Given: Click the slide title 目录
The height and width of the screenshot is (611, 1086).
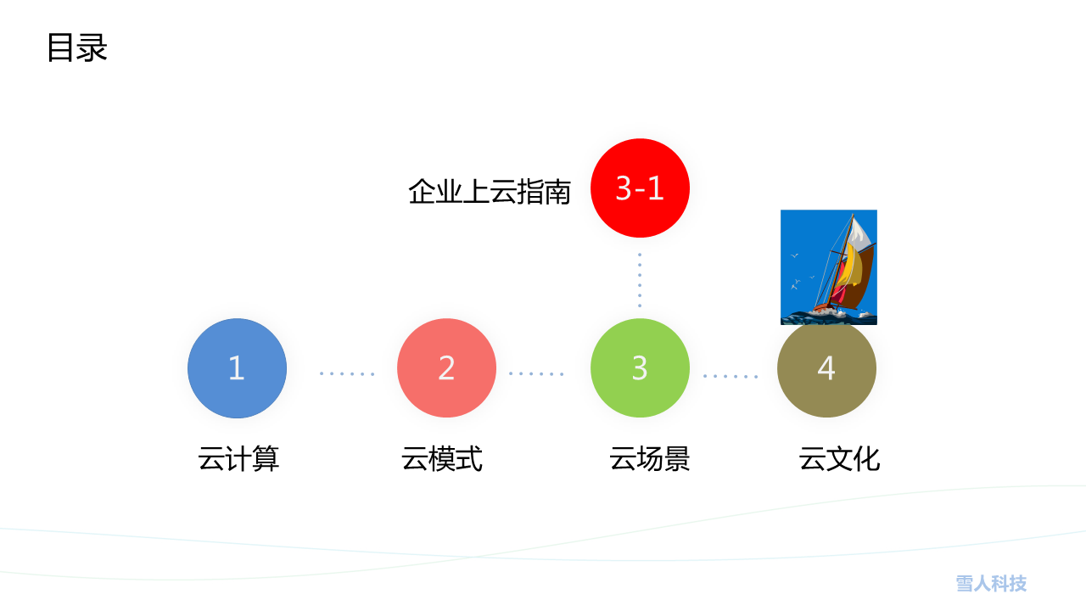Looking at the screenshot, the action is coord(77,48).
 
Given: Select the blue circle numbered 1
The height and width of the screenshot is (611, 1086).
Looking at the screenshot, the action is coord(237,368).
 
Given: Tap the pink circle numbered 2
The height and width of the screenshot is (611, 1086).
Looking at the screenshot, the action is coord(446,368).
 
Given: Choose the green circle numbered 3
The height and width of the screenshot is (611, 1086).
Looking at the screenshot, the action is coord(640,368).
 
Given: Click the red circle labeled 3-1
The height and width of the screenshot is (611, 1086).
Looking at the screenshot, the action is coord(640,188).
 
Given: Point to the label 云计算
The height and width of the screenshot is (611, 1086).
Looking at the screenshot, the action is coord(238,459).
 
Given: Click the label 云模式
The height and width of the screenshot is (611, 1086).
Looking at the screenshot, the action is coord(442,459).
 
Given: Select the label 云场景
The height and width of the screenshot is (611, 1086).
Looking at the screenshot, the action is coord(650,459).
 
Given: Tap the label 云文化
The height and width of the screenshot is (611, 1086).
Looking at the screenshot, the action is coord(839,459).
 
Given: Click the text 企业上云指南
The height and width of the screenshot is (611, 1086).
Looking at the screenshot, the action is coord(490,192).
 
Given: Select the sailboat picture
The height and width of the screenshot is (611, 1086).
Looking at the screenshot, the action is coord(829,267).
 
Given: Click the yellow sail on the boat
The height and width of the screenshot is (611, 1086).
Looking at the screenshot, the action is coord(852,266).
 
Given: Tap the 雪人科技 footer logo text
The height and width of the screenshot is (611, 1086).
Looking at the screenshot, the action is coord(992,583).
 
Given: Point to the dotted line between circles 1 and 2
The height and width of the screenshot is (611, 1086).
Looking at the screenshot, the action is coord(347,374).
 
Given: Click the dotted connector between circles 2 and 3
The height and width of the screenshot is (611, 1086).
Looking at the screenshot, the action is coord(536,374).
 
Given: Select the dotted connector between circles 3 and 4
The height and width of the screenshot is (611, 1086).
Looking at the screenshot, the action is coord(731,376).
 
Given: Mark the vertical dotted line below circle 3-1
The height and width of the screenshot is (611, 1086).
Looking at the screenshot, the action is coord(640,280).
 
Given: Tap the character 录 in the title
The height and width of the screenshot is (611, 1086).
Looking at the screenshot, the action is coord(92,48).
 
